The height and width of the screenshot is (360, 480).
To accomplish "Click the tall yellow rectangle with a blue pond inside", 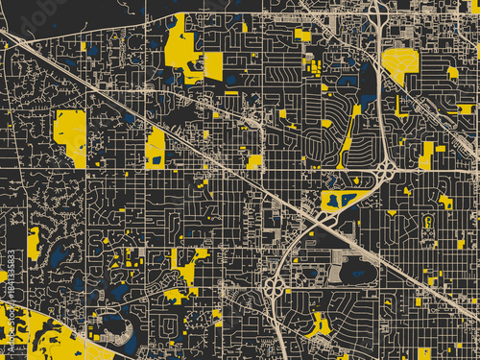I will pos(155,147).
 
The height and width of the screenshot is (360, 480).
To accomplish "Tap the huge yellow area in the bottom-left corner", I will pos(38,336).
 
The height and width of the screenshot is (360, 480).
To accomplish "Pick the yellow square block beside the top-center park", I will pos(213,65).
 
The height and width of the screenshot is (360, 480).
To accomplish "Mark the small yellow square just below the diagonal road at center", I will pos(254,161).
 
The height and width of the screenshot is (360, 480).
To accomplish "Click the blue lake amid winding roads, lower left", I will pos(58,255).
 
